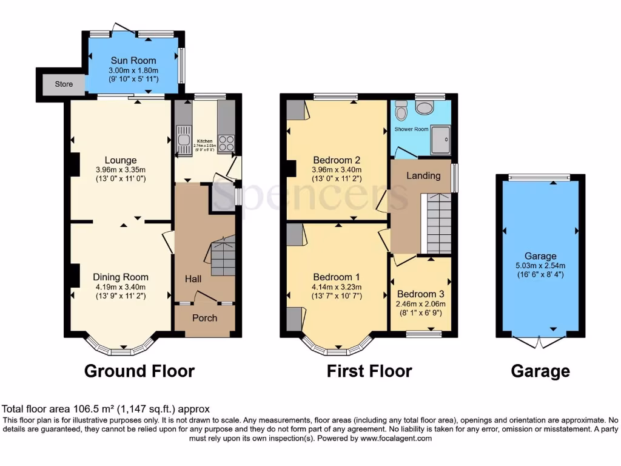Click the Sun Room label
[x=133, y=61]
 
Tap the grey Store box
[x=59, y=84]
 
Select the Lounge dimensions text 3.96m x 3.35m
[x=121, y=170]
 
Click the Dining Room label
[x=121, y=277]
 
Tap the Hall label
[x=193, y=279]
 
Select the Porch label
[x=204, y=318]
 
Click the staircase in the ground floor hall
[x=222, y=258]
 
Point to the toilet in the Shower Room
[x=400, y=111]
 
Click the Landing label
[x=423, y=176]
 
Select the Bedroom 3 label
[x=420, y=295]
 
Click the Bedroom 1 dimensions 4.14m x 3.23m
[x=337, y=287]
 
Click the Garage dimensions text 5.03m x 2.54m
[x=540, y=265]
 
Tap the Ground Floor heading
[x=139, y=371]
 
